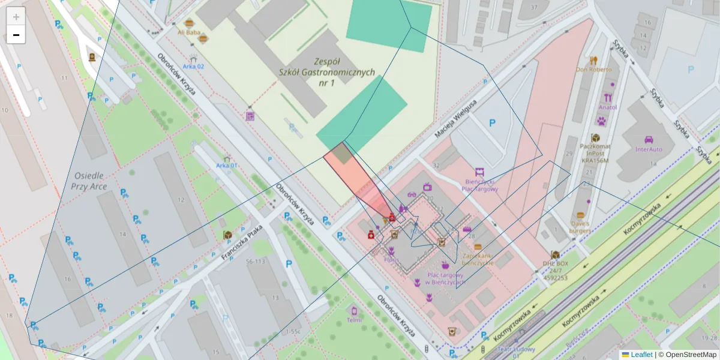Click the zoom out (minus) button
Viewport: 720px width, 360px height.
pyautogui.click(x=16, y=35)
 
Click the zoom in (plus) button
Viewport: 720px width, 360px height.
pyautogui.click(x=16, y=17)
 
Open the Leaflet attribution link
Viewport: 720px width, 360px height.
pyautogui.click(x=641, y=355)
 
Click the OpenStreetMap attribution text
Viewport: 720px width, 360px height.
pyautogui.click(x=690, y=355)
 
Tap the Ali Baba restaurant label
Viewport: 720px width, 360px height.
pyautogui.click(x=188, y=32)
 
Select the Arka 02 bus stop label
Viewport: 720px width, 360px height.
pyautogui.click(x=193, y=67)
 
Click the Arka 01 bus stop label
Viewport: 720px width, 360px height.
pyautogui.click(x=227, y=166)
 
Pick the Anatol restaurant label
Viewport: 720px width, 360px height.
pyautogui.click(x=607, y=107)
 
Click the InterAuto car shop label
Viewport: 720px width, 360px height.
pyautogui.click(x=649, y=149)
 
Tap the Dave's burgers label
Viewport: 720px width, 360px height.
pyautogui.click(x=580, y=227)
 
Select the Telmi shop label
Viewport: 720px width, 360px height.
pyautogui.click(x=354, y=320)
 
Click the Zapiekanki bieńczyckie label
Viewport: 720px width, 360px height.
pyautogui.click(x=478, y=259)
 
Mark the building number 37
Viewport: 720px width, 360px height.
pyautogui.click(x=533, y=7)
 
